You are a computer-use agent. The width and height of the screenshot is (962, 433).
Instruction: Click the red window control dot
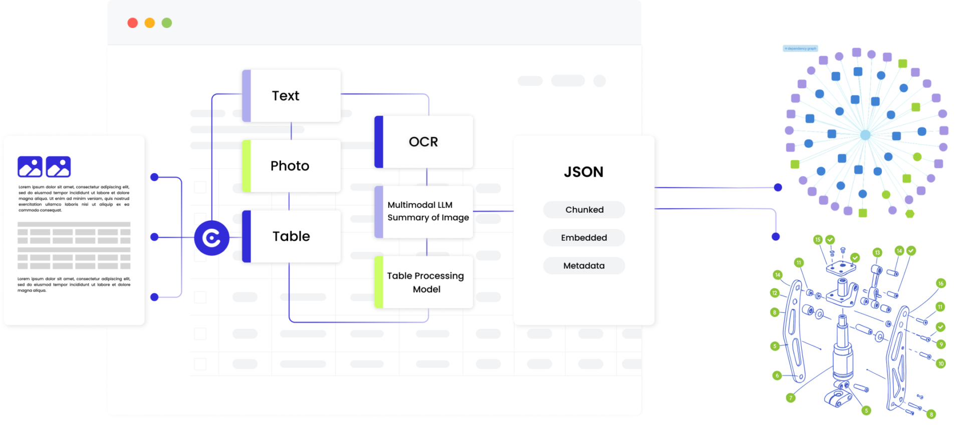tap(132, 23)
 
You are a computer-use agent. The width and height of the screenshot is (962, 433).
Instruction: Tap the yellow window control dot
tap(149, 23)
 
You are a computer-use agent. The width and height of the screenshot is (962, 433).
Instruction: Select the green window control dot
tap(167, 23)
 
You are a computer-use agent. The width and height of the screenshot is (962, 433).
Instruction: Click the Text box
tap(291, 96)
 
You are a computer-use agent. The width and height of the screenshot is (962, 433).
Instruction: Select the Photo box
tap(291, 166)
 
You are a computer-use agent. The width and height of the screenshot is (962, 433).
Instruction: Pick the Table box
tap(291, 236)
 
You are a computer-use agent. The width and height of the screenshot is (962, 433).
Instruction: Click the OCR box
tap(424, 142)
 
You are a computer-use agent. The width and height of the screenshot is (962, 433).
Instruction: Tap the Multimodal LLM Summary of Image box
tap(424, 211)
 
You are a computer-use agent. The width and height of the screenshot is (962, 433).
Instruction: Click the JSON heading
tap(584, 172)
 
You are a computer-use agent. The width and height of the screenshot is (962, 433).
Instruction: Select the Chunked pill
tap(584, 210)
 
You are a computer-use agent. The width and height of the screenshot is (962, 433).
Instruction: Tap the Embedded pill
tap(584, 238)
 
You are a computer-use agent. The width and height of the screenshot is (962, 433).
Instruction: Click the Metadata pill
tap(584, 266)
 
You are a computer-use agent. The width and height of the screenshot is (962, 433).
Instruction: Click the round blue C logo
tap(211, 238)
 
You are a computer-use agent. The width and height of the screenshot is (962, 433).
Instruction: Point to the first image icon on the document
tap(30, 167)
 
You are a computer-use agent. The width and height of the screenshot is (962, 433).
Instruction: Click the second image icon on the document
tap(58, 167)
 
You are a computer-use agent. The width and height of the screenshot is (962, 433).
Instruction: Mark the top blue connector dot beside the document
tap(154, 177)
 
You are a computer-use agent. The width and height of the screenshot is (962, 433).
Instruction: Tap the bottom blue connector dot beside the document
tap(154, 297)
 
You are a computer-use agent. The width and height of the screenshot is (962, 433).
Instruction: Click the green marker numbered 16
tap(940, 283)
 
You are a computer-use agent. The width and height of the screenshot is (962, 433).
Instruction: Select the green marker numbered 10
tap(941, 363)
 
